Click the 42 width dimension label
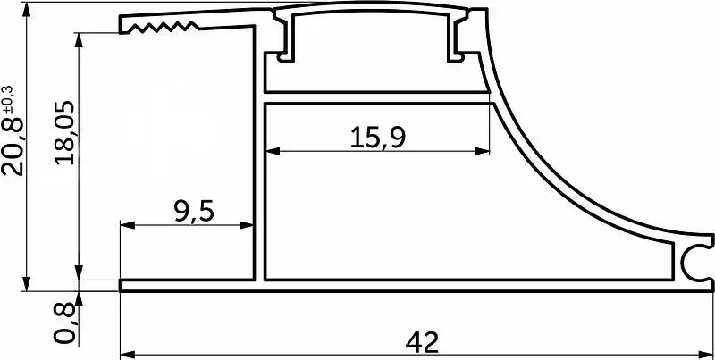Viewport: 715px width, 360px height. coord(422,342)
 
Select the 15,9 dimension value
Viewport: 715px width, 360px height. coord(378,138)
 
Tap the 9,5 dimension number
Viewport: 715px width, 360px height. coord(194,212)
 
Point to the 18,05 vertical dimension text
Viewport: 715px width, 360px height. coord(63,132)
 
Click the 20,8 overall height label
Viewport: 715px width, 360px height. coord(13,147)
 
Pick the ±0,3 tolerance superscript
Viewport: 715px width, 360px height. coord(9,99)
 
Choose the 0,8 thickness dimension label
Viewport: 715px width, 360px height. coord(63,323)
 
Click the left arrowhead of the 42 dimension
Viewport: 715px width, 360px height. coord(127,354)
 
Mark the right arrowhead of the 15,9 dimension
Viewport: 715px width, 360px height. coord(483,151)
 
